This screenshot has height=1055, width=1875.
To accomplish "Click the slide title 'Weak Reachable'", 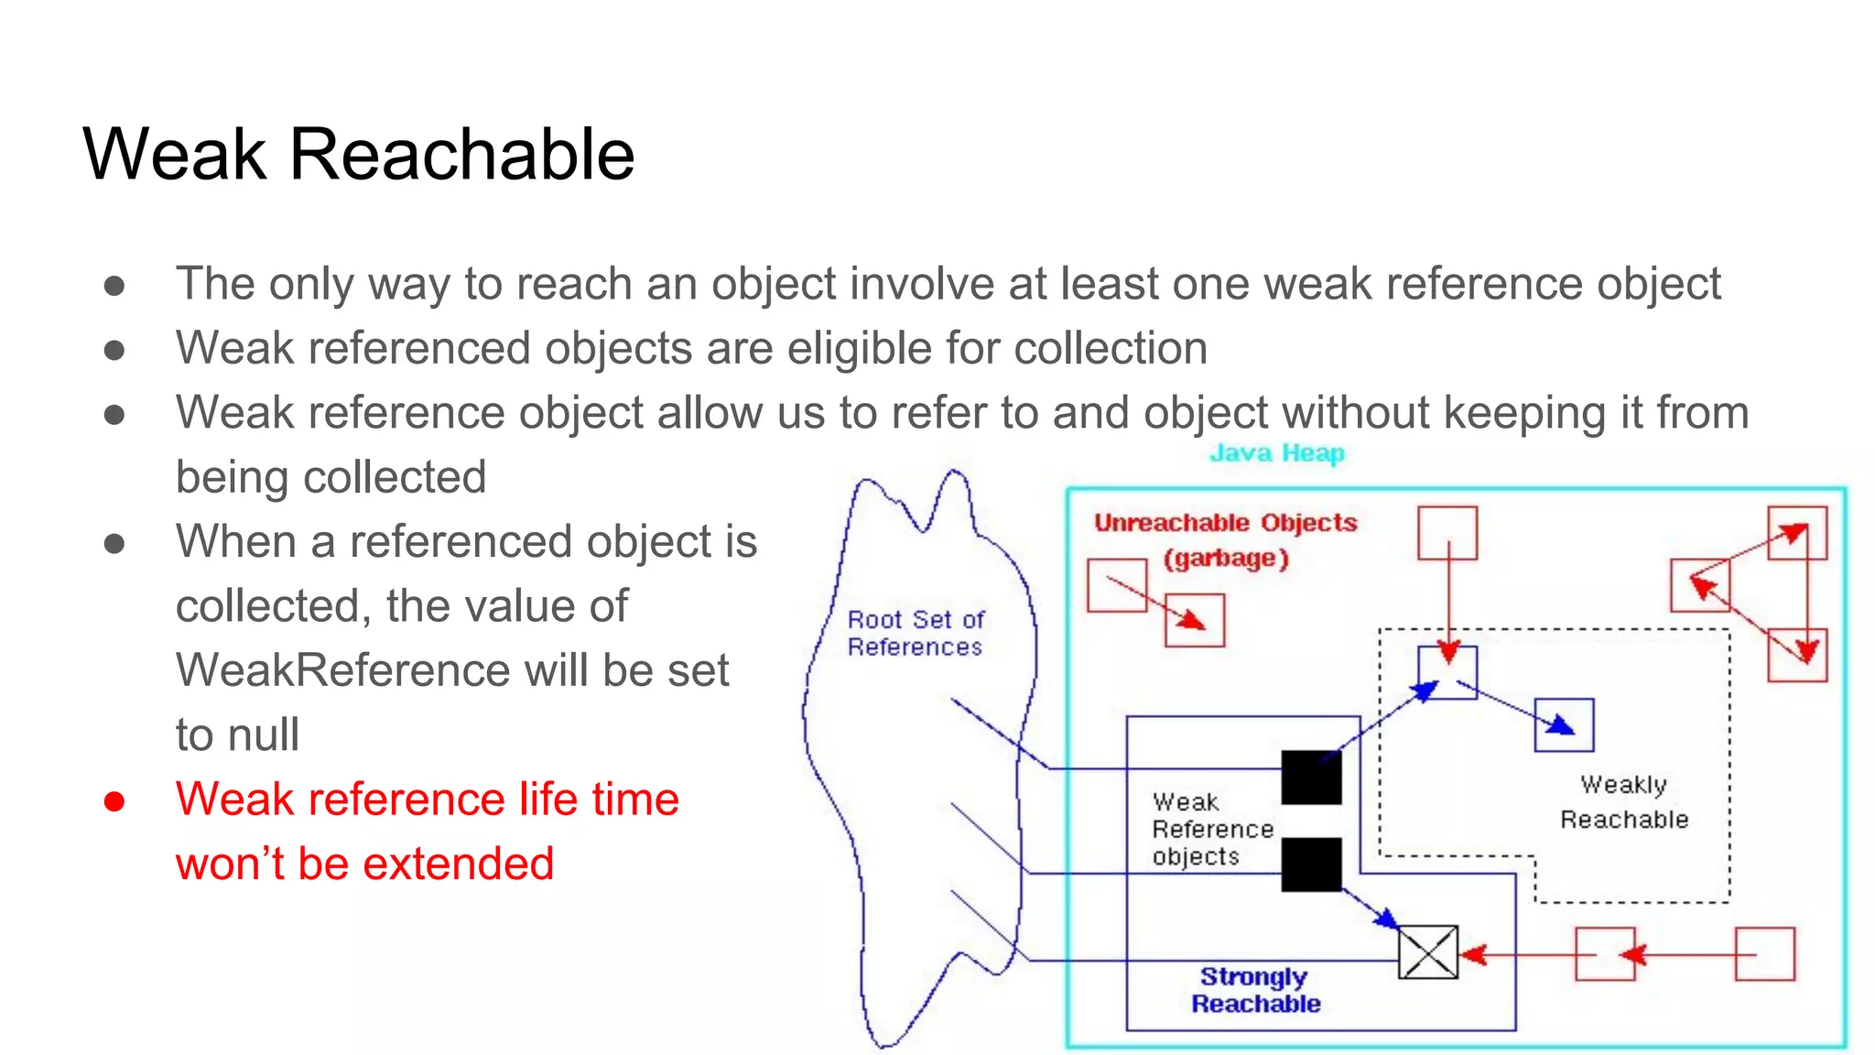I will (358, 154).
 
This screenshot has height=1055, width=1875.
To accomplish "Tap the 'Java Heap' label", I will (1276, 453).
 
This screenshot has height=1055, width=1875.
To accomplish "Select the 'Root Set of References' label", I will (915, 633).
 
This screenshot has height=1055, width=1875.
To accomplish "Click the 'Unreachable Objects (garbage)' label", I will (1226, 539).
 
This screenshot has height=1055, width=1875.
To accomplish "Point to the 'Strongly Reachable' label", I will (1255, 990).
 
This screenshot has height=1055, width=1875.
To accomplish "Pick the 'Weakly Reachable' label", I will (1624, 801).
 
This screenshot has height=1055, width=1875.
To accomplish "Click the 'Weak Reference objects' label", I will (1211, 829).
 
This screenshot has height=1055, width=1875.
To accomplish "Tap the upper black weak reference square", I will (1311, 778).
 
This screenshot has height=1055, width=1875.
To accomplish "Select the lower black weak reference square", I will (1311, 864).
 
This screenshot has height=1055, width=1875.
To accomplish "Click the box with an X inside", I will (1427, 952).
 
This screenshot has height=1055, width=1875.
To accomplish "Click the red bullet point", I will (114, 801).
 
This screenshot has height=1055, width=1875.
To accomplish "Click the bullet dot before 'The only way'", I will (114, 286).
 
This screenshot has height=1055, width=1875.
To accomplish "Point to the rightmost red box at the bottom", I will (1764, 953).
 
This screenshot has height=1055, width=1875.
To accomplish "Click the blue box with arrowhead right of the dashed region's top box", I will (1564, 724).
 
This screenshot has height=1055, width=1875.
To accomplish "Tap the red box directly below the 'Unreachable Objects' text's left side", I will (1117, 585).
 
